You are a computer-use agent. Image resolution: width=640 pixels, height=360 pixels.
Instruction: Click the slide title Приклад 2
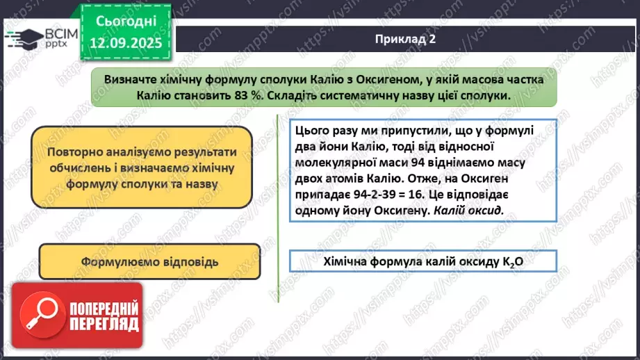[x=404, y=40]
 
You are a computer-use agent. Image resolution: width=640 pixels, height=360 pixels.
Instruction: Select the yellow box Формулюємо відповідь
[x=149, y=262]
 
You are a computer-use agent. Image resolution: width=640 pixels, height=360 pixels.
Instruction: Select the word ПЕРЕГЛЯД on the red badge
[x=104, y=325]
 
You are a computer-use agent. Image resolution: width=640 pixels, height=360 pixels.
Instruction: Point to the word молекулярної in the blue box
[x=334, y=165]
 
